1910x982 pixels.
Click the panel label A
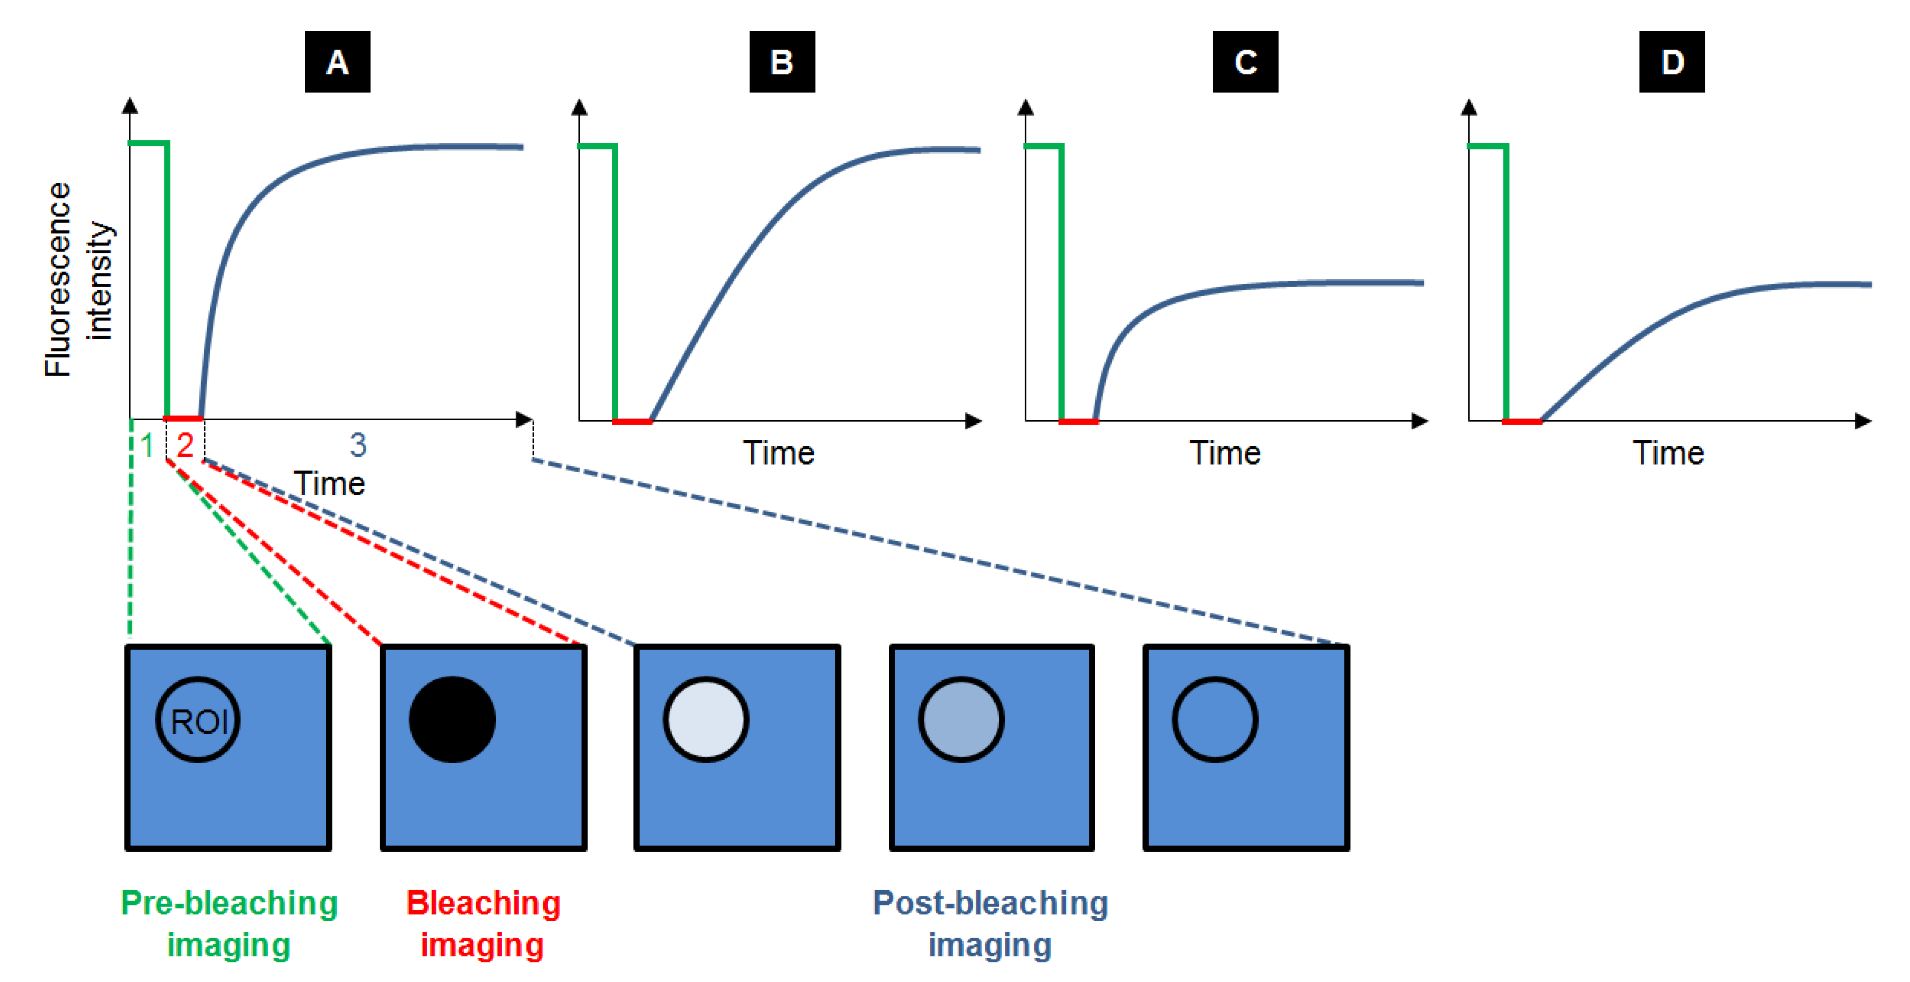coord(337,62)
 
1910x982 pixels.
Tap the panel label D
coord(1671,62)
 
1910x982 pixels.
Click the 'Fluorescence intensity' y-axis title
coord(78,280)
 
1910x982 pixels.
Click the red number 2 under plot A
coord(185,445)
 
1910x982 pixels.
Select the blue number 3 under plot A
coord(358,445)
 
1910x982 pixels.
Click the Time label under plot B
coord(779,453)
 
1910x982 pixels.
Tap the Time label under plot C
coord(1225,453)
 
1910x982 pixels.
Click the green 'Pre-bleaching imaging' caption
coord(229,923)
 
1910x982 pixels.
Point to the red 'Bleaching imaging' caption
coord(483,923)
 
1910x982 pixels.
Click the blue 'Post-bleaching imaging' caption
coord(991,923)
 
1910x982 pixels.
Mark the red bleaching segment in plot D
coord(1522,421)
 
